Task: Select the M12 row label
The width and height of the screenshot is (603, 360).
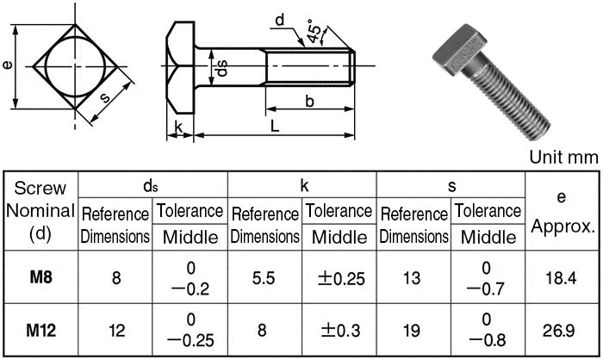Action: [x=40, y=329]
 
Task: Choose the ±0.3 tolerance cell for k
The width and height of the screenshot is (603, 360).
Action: [x=339, y=329]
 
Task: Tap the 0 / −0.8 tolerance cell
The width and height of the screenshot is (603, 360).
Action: [x=488, y=329]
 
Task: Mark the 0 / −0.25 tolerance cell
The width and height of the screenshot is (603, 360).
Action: [x=190, y=329]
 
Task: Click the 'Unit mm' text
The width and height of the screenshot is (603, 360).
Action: [x=563, y=157]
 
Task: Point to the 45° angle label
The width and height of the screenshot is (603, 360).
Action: [x=315, y=33]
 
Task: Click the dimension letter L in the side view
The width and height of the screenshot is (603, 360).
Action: [x=273, y=125]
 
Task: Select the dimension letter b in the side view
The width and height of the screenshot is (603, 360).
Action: [x=308, y=101]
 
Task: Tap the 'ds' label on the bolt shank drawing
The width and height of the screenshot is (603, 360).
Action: [x=221, y=67]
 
